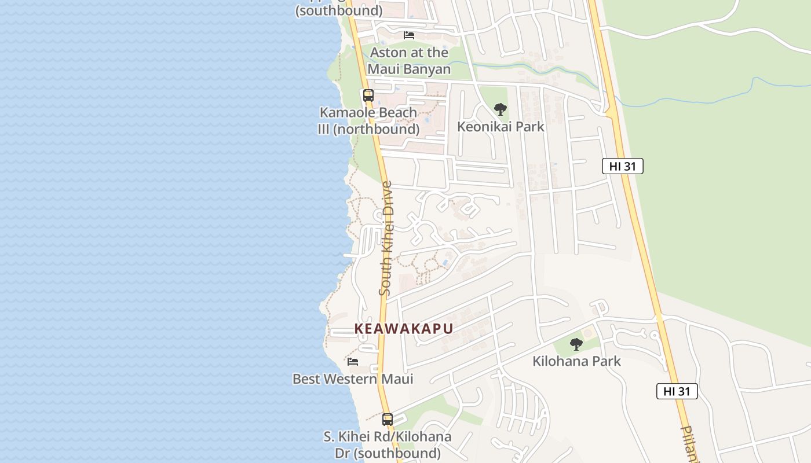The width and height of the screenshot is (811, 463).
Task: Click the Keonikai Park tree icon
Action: point(500,109)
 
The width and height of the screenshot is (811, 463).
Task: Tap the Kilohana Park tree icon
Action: point(576,344)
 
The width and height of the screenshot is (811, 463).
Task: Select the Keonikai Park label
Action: point(501,126)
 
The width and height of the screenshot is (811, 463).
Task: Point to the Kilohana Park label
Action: point(576,361)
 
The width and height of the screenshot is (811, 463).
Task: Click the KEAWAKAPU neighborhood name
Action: point(404,329)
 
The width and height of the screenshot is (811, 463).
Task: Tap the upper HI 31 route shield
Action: point(623,166)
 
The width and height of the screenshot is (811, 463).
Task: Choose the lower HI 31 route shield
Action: point(677,391)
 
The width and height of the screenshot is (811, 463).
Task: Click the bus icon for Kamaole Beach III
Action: point(368,95)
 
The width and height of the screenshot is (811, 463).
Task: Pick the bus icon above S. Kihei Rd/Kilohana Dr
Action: point(388,419)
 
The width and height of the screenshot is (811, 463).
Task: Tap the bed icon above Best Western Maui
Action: point(353,362)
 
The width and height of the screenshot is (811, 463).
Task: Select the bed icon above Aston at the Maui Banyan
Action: point(409,35)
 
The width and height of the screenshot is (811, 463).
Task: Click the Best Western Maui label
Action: point(353,379)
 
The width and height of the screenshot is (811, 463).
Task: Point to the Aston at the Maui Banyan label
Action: point(409,61)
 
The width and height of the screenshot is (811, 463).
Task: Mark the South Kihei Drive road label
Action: point(386,238)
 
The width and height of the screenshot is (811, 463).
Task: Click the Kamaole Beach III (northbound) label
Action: point(368,120)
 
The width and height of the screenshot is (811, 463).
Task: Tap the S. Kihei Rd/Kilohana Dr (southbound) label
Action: point(388,444)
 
